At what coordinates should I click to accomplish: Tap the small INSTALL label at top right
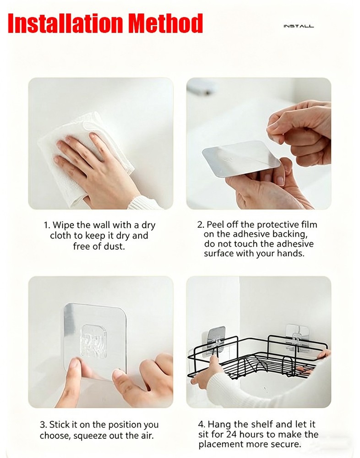click(299, 27)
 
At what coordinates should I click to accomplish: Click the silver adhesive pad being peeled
click(240, 157)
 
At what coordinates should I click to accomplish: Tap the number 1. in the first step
click(47, 225)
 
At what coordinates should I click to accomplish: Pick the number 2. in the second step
click(201, 225)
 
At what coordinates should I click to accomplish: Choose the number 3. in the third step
click(44, 425)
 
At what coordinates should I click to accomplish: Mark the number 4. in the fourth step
click(202, 425)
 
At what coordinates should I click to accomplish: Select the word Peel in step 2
click(216, 225)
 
